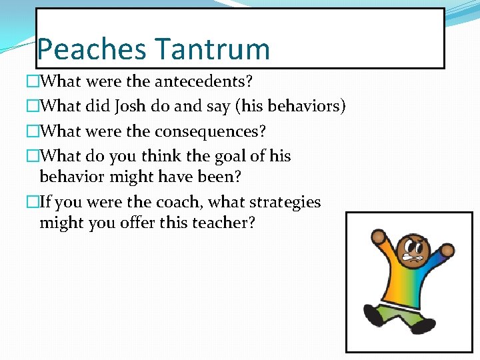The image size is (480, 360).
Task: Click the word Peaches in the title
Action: pos(91,49)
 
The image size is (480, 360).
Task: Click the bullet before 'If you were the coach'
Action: pos(33,202)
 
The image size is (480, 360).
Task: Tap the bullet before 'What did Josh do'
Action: pos(33,107)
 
